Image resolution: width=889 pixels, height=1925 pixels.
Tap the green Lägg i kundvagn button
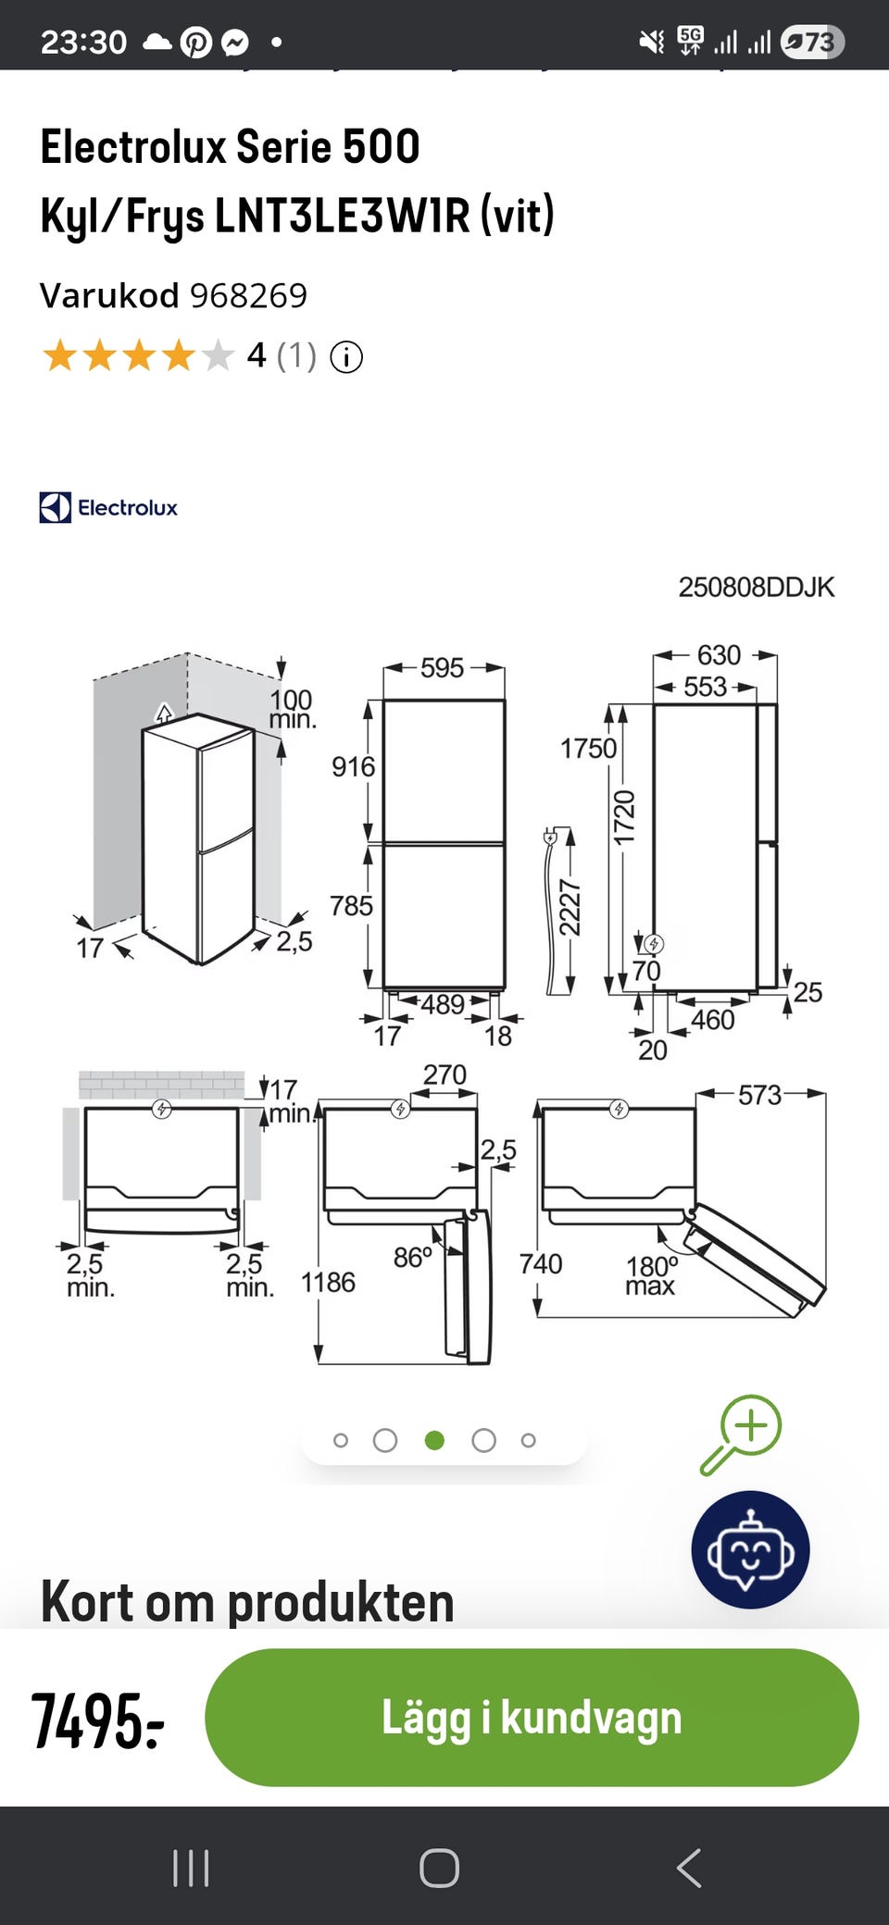[x=532, y=1717]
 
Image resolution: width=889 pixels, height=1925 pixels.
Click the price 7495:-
[x=98, y=1720]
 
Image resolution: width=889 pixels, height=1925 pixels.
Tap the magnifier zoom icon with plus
[x=742, y=1434]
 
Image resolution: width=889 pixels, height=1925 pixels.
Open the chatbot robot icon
[x=750, y=1549]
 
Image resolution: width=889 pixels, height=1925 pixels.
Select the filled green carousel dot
[x=434, y=1440]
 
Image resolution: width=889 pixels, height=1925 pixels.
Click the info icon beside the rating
[x=346, y=356]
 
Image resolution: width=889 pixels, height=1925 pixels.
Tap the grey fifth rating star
[x=218, y=355]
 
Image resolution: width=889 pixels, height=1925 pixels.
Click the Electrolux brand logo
[x=108, y=507]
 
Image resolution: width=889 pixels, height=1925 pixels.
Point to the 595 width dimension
[x=442, y=667]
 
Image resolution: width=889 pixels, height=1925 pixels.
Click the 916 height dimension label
[x=354, y=766]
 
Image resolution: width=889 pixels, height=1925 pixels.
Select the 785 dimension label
[x=352, y=905]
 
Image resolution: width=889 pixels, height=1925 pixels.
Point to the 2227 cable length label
[x=570, y=908]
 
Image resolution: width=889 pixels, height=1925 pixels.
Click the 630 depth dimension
[x=719, y=654]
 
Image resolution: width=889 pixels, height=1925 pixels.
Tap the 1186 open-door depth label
[x=328, y=1282]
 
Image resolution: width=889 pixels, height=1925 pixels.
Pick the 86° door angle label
[x=413, y=1257]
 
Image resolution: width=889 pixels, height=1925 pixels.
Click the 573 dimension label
[x=760, y=1095]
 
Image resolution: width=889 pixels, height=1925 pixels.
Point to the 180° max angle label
[x=652, y=1275]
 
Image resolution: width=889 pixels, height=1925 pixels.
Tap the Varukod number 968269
[x=248, y=295]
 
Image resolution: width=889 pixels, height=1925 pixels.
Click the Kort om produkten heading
[x=247, y=1602]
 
